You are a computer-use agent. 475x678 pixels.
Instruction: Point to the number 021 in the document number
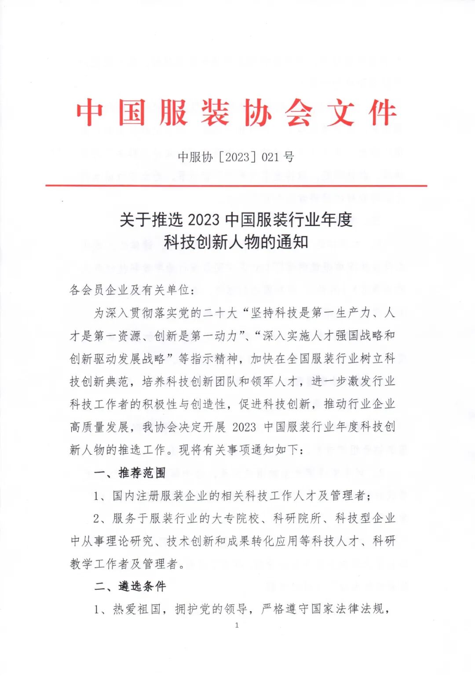tap(271, 157)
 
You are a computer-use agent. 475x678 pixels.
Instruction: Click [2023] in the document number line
tap(237, 157)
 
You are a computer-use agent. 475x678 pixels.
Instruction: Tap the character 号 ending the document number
tap(289, 157)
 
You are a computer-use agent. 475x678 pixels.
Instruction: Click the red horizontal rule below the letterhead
tap(236, 186)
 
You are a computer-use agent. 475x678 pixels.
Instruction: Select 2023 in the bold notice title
tap(206, 219)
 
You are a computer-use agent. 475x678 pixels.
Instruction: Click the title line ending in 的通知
tap(236, 242)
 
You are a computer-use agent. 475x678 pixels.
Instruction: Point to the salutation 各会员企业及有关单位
tap(130, 290)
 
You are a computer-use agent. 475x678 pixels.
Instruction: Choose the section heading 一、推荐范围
tap(130, 473)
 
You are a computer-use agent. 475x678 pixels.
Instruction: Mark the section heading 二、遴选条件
tap(130, 586)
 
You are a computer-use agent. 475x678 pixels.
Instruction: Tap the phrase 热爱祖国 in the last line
tap(137, 609)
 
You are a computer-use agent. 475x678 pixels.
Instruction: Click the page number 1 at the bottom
tap(237, 625)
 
